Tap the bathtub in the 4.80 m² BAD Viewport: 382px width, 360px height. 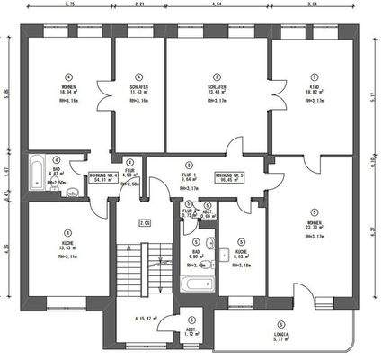(194, 286)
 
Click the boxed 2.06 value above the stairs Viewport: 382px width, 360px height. (144, 222)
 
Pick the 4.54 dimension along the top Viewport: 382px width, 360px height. (217, 4)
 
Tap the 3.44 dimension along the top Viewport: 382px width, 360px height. (311, 4)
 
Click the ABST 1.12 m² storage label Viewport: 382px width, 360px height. (191, 332)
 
